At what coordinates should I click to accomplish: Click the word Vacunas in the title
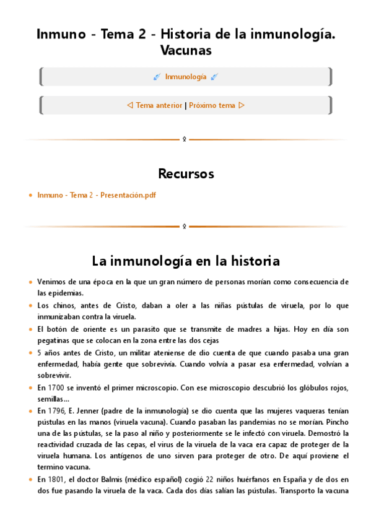pyautogui.click(x=185, y=50)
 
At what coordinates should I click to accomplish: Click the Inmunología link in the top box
pyautogui.click(x=186, y=77)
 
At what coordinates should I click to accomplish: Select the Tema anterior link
pyautogui.click(x=159, y=105)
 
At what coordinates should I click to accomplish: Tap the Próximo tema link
pyautogui.click(x=212, y=105)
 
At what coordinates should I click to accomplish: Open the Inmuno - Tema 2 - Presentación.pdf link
pyautogui.click(x=97, y=195)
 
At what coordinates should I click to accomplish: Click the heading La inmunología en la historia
pyautogui.click(x=186, y=260)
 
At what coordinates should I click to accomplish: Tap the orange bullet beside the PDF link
pyautogui.click(x=30, y=196)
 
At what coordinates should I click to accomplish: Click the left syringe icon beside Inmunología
pyautogui.click(x=157, y=77)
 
